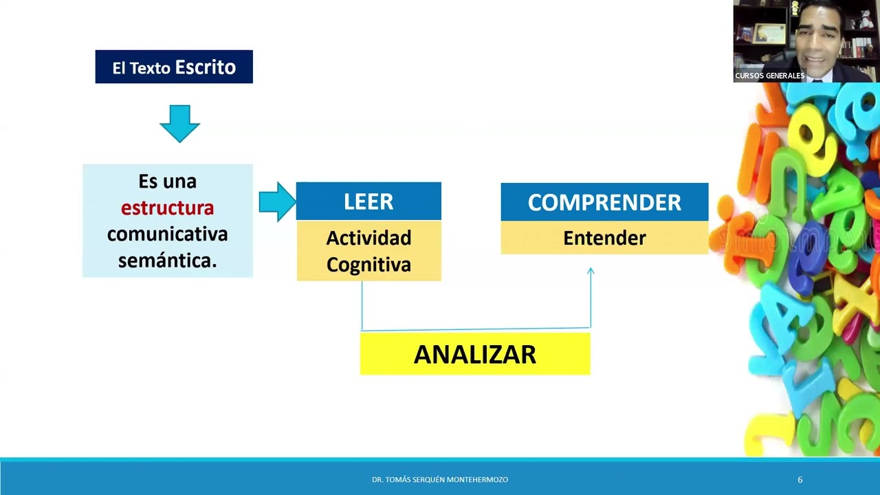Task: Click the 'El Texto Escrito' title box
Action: pyautogui.click(x=174, y=67)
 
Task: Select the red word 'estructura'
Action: pyautogui.click(x=167, y=208)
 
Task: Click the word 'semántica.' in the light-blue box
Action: pyautogui.click(x=167, y=261)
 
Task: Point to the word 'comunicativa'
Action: pyautogui.click(x=167, y=234)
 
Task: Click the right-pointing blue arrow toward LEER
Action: pyautogui.click(x=277, y=201)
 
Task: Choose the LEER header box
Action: pyautogui.click(x=368, y=201)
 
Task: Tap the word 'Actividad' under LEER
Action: pyautogui.click(x=368, y=238)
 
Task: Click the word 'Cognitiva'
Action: pyautogui.click(x=368, y=265)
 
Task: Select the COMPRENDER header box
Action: pyautogui.click(x=604, y=202)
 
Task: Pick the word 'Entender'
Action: pyautogui.click(x=604, y=239)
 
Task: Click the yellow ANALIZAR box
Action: pyautogui.click(x=475, y=354)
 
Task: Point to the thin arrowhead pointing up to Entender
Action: pyautogui.click(x=591, y=272)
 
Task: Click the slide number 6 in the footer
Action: pyautogui.click(x=800, y=479)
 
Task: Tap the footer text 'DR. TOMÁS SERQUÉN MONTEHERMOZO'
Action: pyautogui.click(x=440, y=479)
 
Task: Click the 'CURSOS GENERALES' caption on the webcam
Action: pyautogui.click(x=769, y=76)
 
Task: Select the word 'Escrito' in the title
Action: pyautogui.click(x=205, y=67)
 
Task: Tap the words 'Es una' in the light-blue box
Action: pyautogui.click(x=167, y=181)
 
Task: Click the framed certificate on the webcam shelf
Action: pyautogui.click(x=769, y=33)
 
